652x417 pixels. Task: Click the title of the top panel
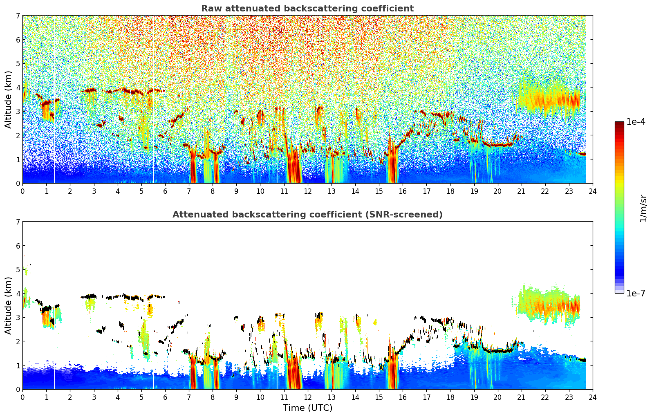click(307, 9)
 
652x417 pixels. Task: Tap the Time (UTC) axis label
click(307, 408)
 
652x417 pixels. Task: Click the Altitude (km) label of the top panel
click(8, 100)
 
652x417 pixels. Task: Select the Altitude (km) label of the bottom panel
click(8, 305)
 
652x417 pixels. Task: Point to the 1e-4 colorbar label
click(636, 122)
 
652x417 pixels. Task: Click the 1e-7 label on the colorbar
click(636, 293)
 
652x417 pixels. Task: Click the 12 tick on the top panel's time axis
click(308, 191)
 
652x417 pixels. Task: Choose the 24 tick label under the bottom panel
click(593, 397)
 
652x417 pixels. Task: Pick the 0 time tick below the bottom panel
click(23, 397)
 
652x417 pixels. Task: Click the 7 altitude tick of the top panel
click(18, 16)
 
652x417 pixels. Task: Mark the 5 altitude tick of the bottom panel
click(18, 270)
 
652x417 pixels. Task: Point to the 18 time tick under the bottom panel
click(450, 397)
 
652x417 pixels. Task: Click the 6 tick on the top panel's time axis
click(165, 191)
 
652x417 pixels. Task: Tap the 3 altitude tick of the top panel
click(18, 112)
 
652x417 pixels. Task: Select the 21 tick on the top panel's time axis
click(521, 191)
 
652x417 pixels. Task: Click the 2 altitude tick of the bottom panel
click(18, 341)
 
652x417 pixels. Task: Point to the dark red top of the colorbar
click(619, 123)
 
